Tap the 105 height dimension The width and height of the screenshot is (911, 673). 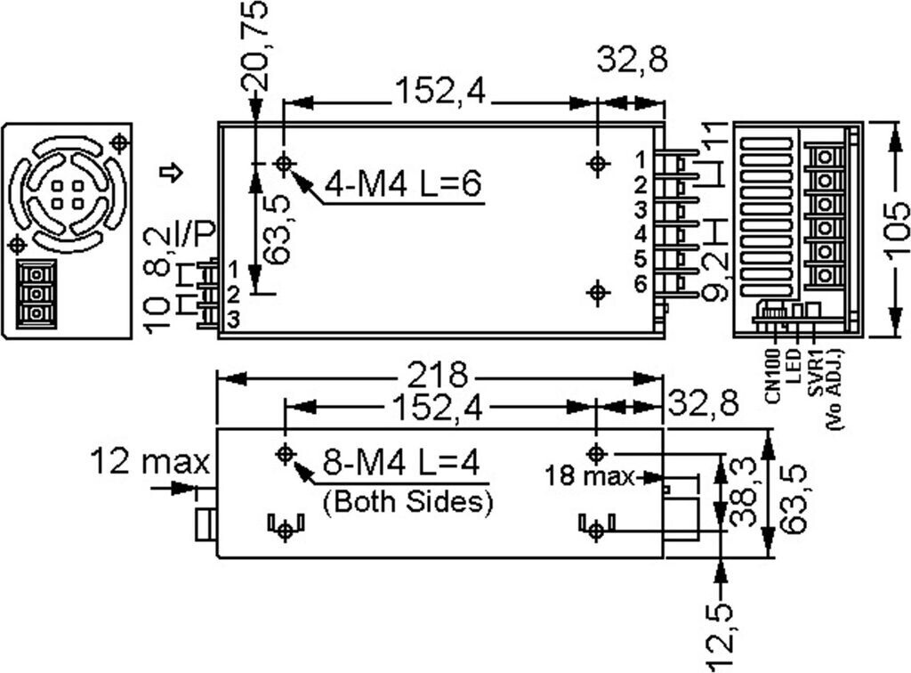[898, 229]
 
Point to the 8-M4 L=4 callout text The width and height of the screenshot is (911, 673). [401, 464]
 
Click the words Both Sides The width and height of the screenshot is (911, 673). [407, 501]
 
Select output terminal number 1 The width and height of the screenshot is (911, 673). [640, 160]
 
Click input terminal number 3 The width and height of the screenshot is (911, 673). [233, 320]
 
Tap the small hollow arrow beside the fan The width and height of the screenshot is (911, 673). [176, 173]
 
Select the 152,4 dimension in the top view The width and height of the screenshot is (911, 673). [441, 92]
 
